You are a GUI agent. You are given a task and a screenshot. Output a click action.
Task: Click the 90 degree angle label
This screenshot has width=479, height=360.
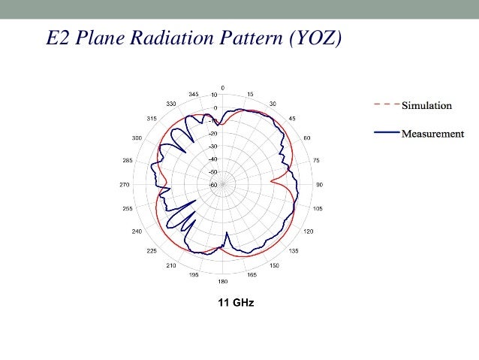[318, 184]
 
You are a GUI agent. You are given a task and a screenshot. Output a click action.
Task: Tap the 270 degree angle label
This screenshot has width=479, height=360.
[125, 184]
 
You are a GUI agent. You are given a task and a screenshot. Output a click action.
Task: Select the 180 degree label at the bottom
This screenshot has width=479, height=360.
[222, 282]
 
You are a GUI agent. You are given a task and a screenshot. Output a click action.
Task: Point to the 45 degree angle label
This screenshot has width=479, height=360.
[292, 118]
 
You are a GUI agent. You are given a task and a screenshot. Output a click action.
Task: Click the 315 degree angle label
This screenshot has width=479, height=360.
[152, 118]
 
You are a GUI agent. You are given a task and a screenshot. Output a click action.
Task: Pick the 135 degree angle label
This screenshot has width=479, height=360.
[293, 250]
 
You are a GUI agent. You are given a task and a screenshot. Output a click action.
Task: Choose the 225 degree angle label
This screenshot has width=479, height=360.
[152, 250]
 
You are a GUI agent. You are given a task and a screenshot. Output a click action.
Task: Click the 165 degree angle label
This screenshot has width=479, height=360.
[251, 275]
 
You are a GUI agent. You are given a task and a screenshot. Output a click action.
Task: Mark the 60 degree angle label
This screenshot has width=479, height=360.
[307, 138]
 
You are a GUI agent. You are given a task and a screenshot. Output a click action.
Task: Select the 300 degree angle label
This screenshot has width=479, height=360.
[137, 138]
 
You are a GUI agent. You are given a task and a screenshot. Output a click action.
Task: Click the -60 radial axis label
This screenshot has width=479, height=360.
[213, 185]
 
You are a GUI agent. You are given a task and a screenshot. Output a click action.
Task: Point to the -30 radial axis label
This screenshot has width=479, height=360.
[213, 146]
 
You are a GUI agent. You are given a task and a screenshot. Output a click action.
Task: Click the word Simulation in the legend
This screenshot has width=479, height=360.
[426, 104]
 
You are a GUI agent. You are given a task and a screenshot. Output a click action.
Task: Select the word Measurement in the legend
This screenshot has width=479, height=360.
[432, 134]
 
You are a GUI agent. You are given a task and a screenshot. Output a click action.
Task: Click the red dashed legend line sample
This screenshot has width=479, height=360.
[386, 104]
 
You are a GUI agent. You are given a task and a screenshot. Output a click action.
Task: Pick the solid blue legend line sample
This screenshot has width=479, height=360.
[386, 133]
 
